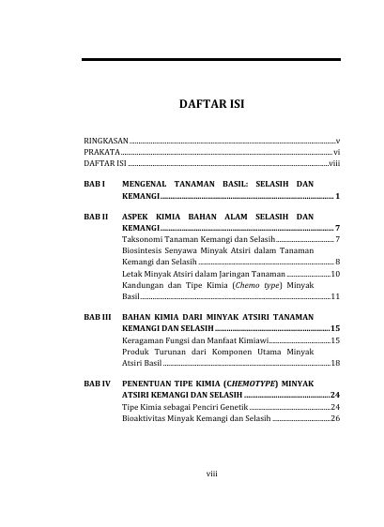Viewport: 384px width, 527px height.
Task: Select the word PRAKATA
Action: click(x=98, y=150)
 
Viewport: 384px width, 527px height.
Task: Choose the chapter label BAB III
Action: click(x=98, y=318)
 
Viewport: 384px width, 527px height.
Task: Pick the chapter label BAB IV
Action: click(x=98, y=384)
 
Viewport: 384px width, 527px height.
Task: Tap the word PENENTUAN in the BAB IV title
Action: click(x=153, y=384)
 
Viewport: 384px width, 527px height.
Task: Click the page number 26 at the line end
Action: click(x=334, y=418)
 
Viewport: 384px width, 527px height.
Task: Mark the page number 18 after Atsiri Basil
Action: click(x=334, y=363)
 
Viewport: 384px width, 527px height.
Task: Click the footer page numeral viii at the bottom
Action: click(x=212, y=474)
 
